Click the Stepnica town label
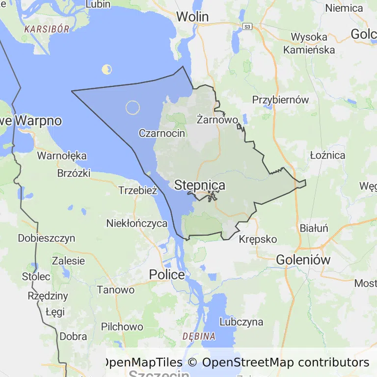200,186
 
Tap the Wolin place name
192,17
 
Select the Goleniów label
303,260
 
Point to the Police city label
167,275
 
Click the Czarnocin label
162,133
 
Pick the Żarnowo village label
217,119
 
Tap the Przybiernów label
280,100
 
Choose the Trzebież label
137,191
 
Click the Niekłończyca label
137,223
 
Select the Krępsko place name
258,240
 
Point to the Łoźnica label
327,156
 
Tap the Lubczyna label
241,323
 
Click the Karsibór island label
47,29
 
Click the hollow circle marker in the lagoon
133,108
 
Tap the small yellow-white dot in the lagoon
107,70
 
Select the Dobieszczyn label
47,239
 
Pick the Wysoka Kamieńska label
309,43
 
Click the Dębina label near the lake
199,337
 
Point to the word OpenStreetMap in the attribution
248,363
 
